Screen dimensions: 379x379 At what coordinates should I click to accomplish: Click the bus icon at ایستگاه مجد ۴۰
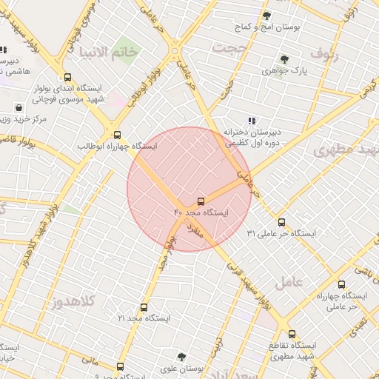pos(201,202)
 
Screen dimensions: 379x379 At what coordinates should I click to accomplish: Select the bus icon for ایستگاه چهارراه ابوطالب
pos(117,135)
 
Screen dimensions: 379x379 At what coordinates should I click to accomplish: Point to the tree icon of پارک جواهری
pos(284,59)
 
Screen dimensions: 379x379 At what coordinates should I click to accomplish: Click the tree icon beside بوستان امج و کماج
pos(266,16)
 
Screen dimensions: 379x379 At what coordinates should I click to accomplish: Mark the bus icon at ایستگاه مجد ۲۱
pos(144,307)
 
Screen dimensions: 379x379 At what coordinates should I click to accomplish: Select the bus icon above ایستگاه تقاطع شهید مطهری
pos(292,335)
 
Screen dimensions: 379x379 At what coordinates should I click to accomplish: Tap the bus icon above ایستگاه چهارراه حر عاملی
pos(341,284)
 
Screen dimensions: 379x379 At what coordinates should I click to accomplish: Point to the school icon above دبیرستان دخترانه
pos(252,121)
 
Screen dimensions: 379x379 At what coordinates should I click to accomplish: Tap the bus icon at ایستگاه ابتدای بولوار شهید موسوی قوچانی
pos(68,76)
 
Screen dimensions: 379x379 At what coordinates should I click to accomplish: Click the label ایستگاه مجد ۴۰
pos(201,213)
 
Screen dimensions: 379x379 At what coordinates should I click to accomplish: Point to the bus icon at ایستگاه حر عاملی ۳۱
pos(281,222)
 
